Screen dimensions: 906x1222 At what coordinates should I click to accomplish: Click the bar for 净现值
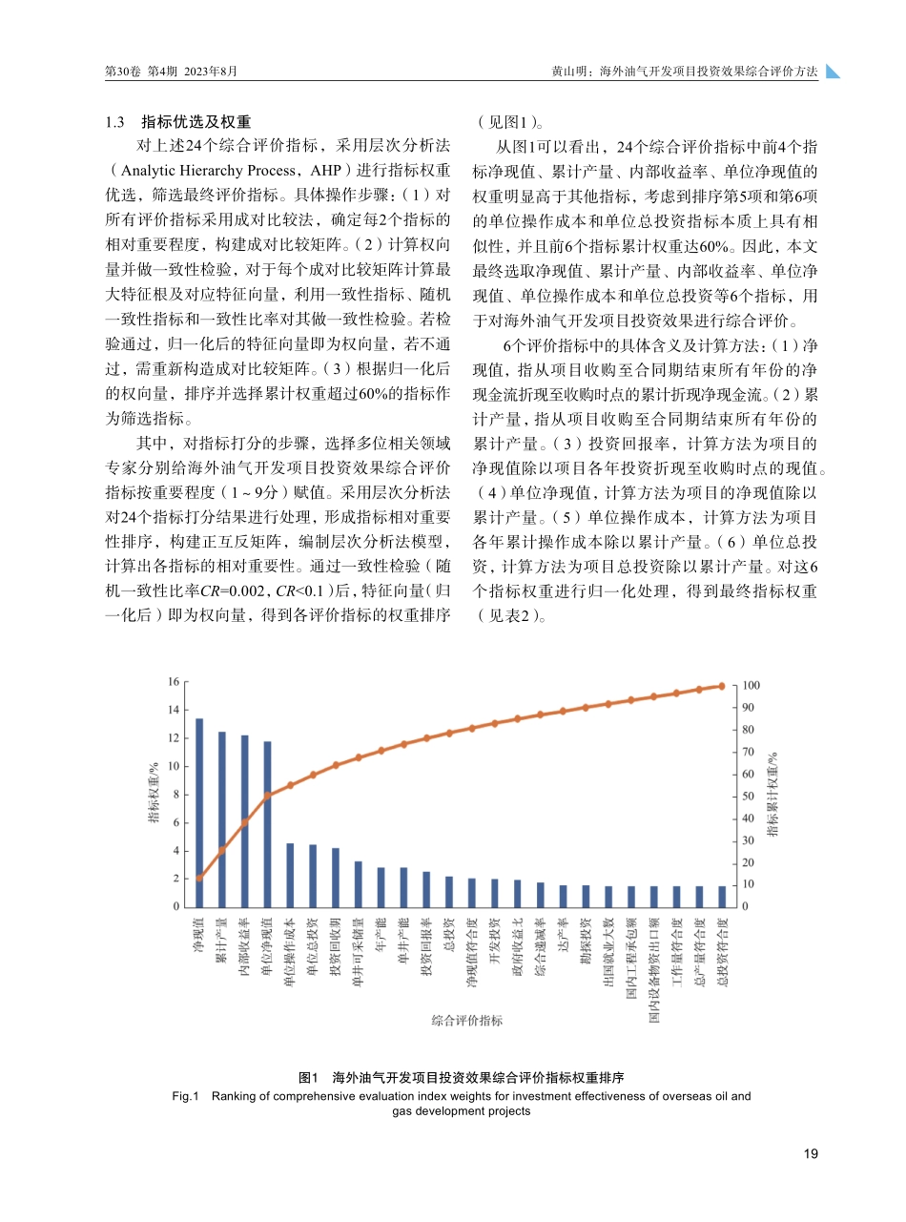pyautogui.click(x=199, y=812)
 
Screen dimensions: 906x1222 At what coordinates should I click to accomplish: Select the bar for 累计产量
pyautogui.click(x=222, y=818)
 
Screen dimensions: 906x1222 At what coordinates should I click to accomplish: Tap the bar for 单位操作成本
pyautogui.click(x=290, y=875)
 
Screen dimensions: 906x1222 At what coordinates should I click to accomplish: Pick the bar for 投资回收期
pyautogui.click(x=336, y=878)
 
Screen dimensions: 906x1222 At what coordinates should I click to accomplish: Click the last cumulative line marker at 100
pyautogui.click(x=722, y=686)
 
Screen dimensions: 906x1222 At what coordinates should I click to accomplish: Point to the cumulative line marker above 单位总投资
pyautogui.click(x=313, y=775)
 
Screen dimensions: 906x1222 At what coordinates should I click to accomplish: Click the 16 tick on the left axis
pyautogui.click(x=174, y=682)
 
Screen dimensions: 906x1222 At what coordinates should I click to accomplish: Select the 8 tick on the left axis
pyautogui.click(x=175, y=795)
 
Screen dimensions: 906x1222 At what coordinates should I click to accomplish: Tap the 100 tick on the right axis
pyautogui.click(x=751, y=686)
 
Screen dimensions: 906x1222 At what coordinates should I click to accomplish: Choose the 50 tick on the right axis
pyautogui.click(x=749, y=797)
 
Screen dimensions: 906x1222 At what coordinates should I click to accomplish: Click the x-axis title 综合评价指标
pyautogui.click(x=466, y=1021)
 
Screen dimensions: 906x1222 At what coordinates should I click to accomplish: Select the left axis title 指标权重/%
pyautogui.click(x=153, y=795)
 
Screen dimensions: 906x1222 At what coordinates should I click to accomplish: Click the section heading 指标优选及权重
pyautogui.click(x=196, y=122)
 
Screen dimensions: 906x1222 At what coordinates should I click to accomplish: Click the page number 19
pyautogui.click(x=811, y=1154)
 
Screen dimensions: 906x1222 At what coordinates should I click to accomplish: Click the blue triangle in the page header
pyautogui.click(x=833, y=72)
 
